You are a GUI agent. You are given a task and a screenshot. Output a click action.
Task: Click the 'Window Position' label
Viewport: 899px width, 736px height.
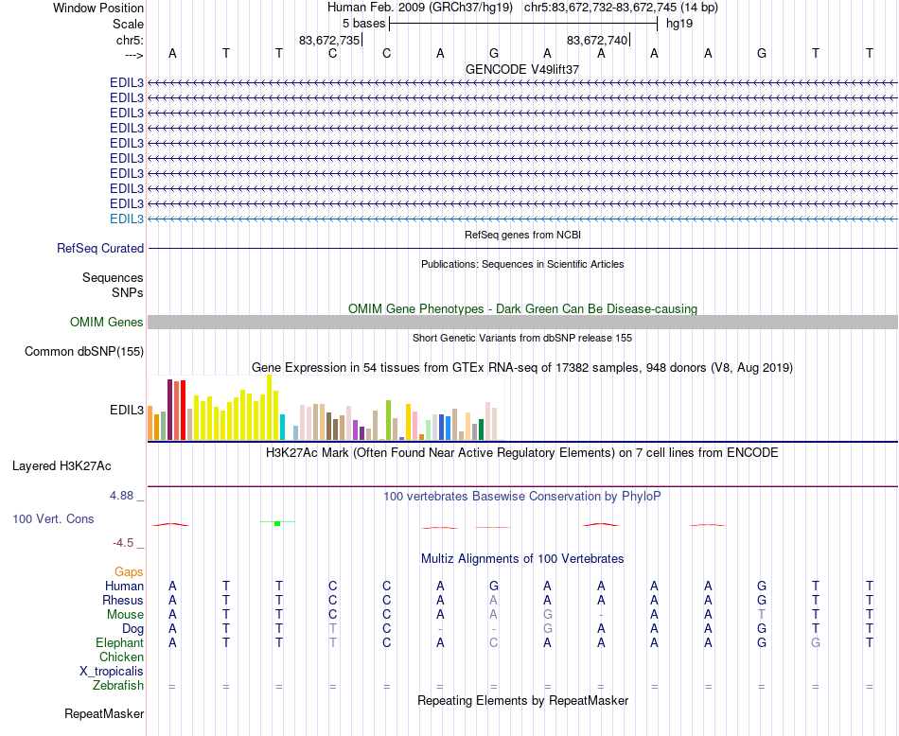(x=98, y=8)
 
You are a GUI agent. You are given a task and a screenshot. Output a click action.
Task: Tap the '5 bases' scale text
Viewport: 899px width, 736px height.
(x=363, y=23)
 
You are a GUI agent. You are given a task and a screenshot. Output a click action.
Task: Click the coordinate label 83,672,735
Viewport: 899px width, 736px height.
(x=329, y=40)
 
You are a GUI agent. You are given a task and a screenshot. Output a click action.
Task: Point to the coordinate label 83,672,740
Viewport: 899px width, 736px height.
(x=597, y=40)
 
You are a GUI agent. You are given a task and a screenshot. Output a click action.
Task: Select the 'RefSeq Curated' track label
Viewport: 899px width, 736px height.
(x=100, y=249)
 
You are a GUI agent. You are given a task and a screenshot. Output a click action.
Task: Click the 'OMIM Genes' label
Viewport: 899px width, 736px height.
(x=107, y=323)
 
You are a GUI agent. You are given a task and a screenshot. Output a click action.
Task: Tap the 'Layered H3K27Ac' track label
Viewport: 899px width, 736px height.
(x=62, y=466)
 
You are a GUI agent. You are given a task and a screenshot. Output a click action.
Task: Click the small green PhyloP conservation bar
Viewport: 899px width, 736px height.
(x=277, y=523)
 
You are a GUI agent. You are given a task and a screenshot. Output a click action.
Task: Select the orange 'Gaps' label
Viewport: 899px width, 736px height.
(x=129, y=571)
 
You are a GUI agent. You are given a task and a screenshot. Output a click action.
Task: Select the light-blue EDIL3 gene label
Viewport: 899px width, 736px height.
(x=127, y=219)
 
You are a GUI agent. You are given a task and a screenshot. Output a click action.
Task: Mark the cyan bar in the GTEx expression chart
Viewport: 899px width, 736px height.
(x=282, y=427)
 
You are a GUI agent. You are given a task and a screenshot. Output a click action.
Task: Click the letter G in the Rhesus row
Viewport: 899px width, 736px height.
(x=762, y=601)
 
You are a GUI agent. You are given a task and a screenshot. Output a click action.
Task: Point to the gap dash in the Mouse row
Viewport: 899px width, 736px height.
(x=601, y=615)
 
